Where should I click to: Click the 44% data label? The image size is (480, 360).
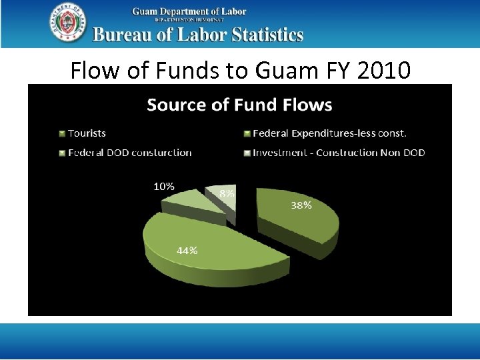tap(187, 251)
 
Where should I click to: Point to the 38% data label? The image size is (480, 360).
tap(301, 205)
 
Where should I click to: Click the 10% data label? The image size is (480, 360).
tap(164, 187)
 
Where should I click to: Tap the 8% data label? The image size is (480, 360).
tap(227, 193)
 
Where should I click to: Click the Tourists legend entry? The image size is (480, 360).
tap(87, 133)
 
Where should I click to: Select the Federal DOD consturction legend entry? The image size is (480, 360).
tap(129, 152)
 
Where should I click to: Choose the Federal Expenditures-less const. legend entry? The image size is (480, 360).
tap(329, 133)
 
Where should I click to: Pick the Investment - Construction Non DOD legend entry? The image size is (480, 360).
tap(339, 152)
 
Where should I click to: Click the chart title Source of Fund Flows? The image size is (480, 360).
tap(239, 105)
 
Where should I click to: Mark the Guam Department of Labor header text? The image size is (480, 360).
tap(189, 11)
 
